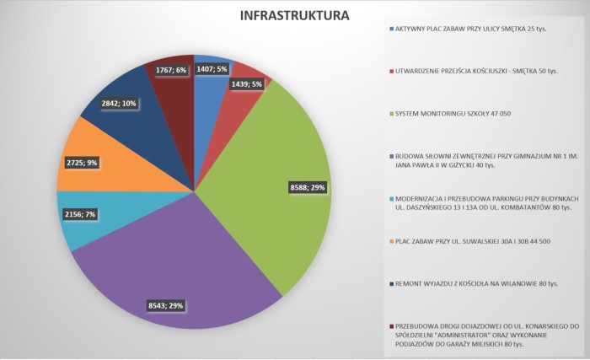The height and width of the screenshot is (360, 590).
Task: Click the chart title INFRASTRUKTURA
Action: pyautogui.click(x=294, y=16)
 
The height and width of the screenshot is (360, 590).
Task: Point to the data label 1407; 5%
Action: pyautogui.click(x=211, y=70)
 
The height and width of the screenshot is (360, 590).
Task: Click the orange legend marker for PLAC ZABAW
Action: pyautogui.click(x=391, y=242)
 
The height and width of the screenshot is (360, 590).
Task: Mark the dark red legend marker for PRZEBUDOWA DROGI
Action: pyautogui.click(x=391, y=325)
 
